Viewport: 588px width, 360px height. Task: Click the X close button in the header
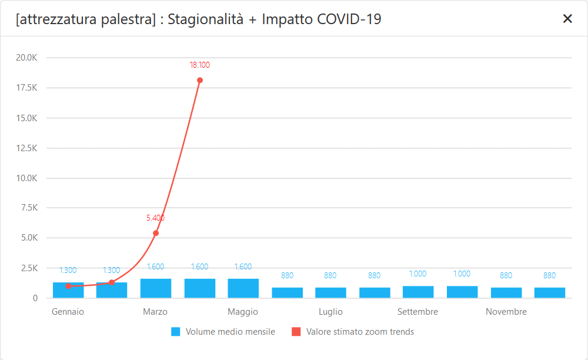[x=567, y=19]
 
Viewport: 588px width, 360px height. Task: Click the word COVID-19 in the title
[x=349, y=19]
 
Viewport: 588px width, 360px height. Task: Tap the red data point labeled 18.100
[x=200, y=80]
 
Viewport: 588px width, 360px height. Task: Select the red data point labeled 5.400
[x=156, y=233]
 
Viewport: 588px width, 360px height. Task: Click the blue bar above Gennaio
[x=68, y=291]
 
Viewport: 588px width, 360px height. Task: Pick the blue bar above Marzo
[x=156, y=288]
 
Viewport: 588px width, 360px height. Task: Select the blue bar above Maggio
[x=243, y=288]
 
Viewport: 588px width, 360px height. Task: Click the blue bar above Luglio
[x=330, y=293]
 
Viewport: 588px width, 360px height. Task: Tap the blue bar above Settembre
[x=418, y=292]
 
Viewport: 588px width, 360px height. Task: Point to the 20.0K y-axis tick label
[x=27, y=58]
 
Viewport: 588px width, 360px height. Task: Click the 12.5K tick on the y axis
[x=27, y=148]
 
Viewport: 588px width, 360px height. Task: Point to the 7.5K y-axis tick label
[x=29, y=208]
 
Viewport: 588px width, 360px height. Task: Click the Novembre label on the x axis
[x=506, y=312]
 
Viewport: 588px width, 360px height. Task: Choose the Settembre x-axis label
[x=417, y=312]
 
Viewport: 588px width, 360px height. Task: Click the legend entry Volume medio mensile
[x=230, y=332]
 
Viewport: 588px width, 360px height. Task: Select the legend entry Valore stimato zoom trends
[x=360, y=332]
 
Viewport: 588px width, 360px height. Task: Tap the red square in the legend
[x=296, y=332]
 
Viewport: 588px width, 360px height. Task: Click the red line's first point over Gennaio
[x=68, y=286]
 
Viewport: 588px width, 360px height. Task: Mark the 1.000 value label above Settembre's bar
[x=418, y=274]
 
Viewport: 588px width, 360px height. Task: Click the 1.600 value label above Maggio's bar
[x=243, y=266]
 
